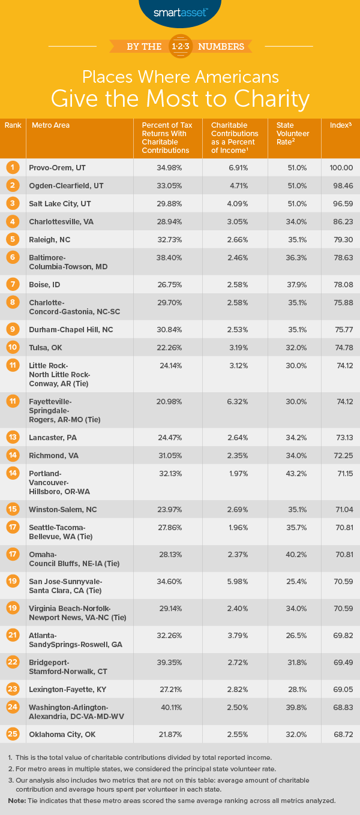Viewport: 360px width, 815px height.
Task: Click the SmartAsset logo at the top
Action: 179,11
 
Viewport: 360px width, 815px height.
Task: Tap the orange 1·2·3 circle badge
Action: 180,46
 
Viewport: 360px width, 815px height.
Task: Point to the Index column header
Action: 340,125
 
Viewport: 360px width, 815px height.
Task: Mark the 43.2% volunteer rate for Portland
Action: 293,474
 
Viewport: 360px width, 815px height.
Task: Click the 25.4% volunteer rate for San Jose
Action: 293,582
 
